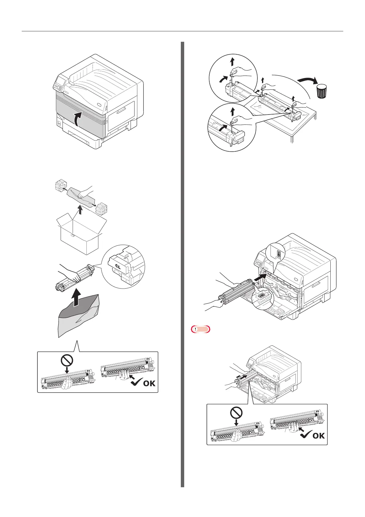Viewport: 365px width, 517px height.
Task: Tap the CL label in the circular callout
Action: tap(118, 266)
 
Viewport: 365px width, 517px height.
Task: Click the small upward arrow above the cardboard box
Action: tap(80, 210)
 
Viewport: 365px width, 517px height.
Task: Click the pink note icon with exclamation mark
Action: tap(200, 329)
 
